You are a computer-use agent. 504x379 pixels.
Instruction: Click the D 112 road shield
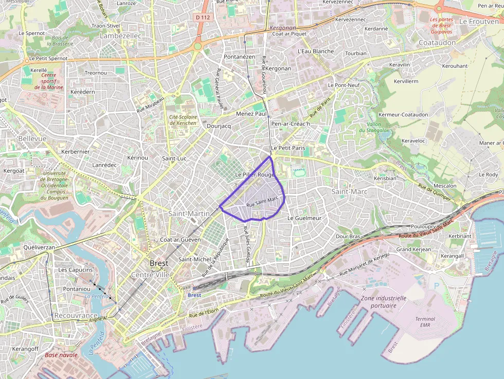click(203, 17)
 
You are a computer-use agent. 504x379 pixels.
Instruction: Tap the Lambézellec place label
click(120, 36)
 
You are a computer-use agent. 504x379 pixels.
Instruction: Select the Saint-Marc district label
click(349, 191)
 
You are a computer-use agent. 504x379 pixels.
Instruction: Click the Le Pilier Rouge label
click(255, 175)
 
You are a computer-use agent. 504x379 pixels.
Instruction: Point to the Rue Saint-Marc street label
click(262, 202)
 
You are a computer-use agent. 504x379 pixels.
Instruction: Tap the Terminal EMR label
click(425, 322)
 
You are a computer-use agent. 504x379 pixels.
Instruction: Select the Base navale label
click(61, 355)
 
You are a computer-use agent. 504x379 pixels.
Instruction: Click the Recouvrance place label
click(76, 315)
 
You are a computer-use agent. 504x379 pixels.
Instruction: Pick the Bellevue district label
click(32, 139)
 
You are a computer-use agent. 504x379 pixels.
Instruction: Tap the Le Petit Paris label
click(288, 148)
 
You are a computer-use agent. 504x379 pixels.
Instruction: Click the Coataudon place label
click(438, 43)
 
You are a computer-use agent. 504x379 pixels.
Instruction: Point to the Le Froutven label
click(478, 22)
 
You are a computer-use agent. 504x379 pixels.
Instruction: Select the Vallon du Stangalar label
click(382, 128)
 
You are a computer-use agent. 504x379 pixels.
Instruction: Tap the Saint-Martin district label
click(189, 213)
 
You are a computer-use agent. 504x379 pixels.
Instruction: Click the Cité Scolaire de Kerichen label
click(183, 120)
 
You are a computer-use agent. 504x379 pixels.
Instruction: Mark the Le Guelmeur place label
click(304, 218)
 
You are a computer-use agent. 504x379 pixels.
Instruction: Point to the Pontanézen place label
click(240, 57)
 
